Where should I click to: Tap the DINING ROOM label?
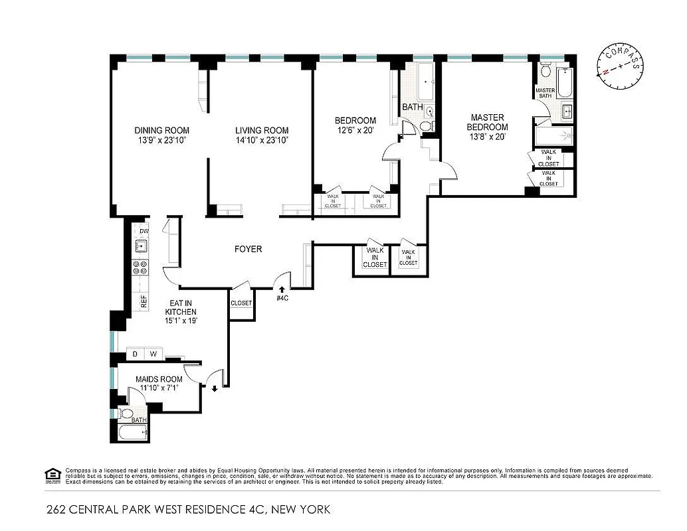click(161, 130)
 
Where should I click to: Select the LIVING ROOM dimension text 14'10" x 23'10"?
click(262, 141)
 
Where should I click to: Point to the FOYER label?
click(248, 250)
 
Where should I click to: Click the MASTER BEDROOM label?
click(487, 122)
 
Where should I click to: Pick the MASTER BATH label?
click(545, 93)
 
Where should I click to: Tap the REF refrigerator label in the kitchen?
click(143, 301)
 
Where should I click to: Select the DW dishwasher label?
click(144, 231)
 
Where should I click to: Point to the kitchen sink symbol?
click(141, 247)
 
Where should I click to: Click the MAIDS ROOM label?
click(159, 379)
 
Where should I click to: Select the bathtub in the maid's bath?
click(132, 433)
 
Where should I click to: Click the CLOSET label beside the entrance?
click(241, 303)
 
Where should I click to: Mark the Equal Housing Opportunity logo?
click(50, 474)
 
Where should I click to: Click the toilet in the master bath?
click(545, 71)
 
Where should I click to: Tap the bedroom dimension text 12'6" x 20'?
click(355, 131)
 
